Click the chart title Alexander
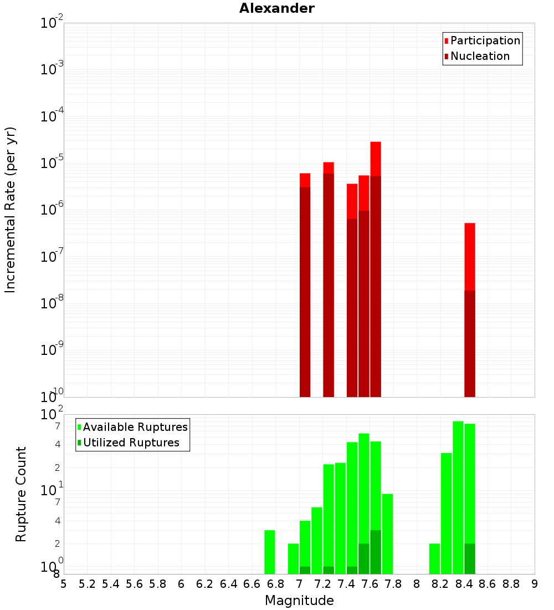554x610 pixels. click(x=276, y=8)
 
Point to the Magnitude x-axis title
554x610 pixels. click(x=299, y=601)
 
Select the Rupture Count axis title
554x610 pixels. click(x=21, y=494)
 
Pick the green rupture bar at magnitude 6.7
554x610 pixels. click(x=270, y=552)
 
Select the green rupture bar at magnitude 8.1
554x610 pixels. click(x=434, y=558)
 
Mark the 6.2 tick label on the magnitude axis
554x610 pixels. click(x=204, y=584)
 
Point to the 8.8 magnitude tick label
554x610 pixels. click(x=511, y=584)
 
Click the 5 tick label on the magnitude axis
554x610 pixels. click(x=64, y=584)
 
